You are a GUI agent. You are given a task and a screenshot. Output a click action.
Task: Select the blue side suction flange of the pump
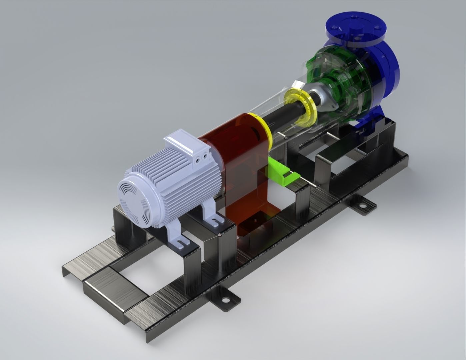(x=390, y=67)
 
